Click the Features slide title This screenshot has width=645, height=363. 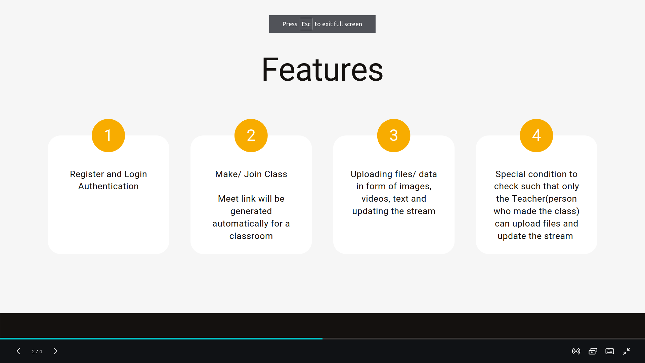[x=322, y=70]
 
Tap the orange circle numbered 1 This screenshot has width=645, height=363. [x=108, y=135]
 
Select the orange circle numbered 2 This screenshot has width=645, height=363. [x=251, y=135]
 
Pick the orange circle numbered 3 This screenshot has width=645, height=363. [x=394, y=135]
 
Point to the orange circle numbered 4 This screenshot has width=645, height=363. [x=536, y=135]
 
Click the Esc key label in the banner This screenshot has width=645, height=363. [x=306, y=24]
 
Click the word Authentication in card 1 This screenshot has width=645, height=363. [x=108, y=186]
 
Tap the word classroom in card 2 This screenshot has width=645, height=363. [x=251, y=236]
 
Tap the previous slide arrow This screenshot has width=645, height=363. [x=18, y=351]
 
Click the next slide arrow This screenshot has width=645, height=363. [x=55, y=351]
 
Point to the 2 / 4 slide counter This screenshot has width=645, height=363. [x=37, y=352]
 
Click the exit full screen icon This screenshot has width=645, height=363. [x=627, y=351]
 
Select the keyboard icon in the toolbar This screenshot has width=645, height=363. [x=610, y=351]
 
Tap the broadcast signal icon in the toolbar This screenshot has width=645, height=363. [x=576, y=351]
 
